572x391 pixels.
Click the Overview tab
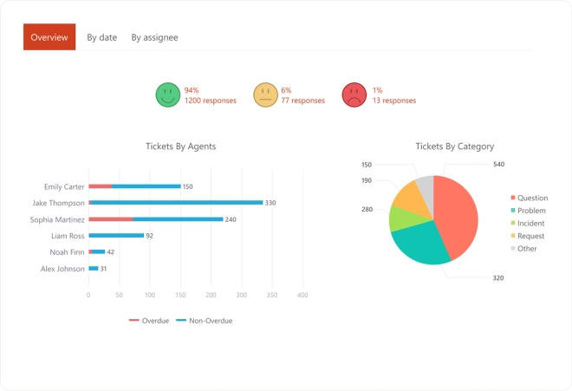(49, 37)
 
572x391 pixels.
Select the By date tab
(102, 37)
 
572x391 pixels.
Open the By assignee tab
(154, 37)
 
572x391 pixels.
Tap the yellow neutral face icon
(265, 94)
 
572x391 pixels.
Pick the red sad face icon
(354, 94)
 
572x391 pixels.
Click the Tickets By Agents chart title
(180, 147)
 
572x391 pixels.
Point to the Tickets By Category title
(454, 147)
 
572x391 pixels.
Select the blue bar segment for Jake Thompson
(178, 202)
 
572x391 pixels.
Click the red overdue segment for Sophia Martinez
(111, 218)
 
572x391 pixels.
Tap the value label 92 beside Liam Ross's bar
(149, 236)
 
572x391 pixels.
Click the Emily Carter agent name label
(64, 186)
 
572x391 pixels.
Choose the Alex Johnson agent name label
(63, 269)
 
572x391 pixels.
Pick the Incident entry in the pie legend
(529, 224)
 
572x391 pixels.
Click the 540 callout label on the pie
(498, 164)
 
